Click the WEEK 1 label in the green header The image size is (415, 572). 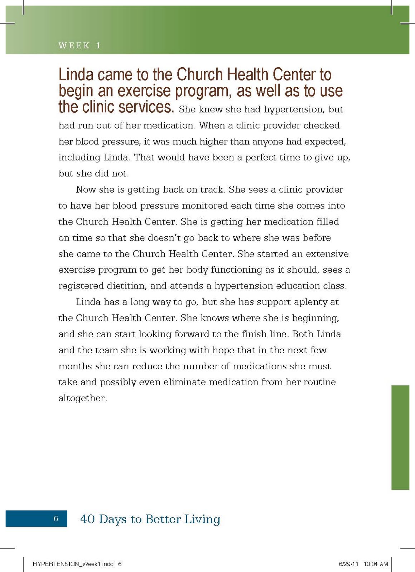pyautogui.click(x=79, y=45)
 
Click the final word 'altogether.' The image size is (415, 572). pyautogui.click(x=83, y=398)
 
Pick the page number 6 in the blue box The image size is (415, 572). pyautogui.click(x=56, y=519)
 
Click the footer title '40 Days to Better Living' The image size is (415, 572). pyautogui.click(x=150, y=519)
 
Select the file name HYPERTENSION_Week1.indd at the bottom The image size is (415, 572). pyautogui.click(x=73, y=564)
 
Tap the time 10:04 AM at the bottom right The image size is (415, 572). pyautogui.click(x=376, y=564)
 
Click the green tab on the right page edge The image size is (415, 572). pyautogui.click(x=400, y=437)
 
